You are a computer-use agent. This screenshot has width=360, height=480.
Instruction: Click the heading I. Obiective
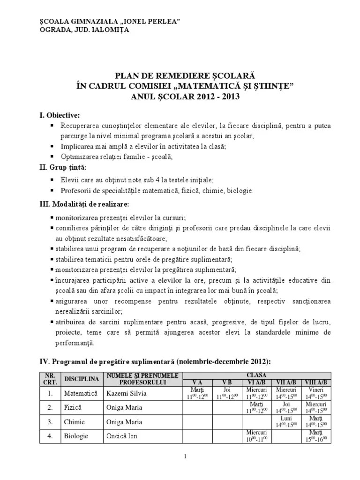coord(59,115)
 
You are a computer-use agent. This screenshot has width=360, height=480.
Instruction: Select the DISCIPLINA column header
coord(82,379)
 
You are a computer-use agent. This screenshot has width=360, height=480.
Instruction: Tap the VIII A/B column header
coord(316,382)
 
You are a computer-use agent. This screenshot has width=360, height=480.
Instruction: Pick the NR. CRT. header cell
coord(50,379)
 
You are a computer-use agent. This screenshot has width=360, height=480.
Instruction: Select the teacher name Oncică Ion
coord(123,436)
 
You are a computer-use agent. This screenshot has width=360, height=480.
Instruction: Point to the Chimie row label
coord(75,422)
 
